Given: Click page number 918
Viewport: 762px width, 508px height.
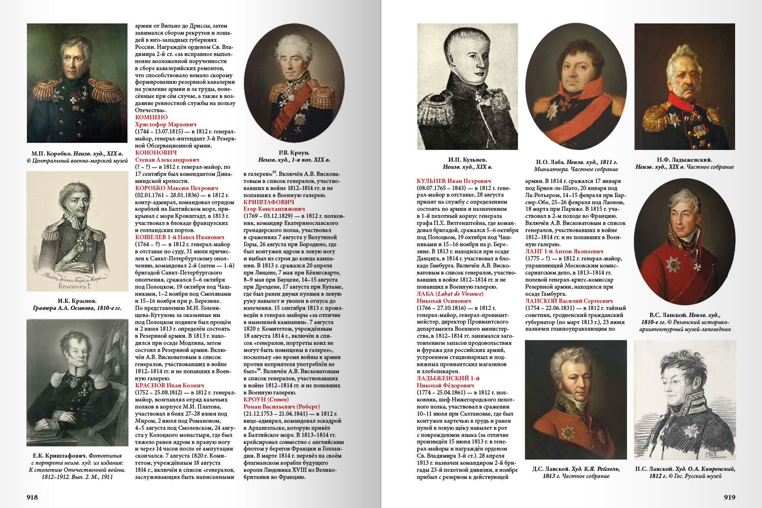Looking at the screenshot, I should coord(32,497).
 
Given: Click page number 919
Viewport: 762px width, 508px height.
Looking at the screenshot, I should coord(729,497).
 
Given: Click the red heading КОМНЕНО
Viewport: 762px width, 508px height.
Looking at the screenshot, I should coord(151,117).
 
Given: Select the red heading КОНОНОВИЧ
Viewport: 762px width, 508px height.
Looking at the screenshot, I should coord(156,152).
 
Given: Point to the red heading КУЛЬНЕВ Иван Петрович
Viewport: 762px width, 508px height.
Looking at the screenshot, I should coord(454,181).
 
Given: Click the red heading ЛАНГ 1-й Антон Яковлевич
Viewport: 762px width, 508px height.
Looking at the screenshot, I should coord(564,251).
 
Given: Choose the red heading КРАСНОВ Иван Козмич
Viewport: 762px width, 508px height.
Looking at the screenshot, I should coord(170,386).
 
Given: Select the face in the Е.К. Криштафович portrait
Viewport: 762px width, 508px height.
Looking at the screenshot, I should coord(70,359).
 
